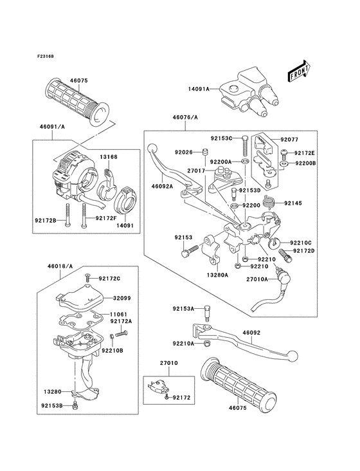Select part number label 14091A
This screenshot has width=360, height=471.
tap(199, 89)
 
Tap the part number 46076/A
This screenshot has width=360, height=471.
tap(185, 118)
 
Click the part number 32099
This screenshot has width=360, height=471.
tap(123, 299)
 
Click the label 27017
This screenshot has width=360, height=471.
tap(197, 171)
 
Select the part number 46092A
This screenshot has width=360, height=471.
tap(163, 186)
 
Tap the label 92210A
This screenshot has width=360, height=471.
tap(184, 344)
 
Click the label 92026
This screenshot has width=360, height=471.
tap(166, 152)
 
